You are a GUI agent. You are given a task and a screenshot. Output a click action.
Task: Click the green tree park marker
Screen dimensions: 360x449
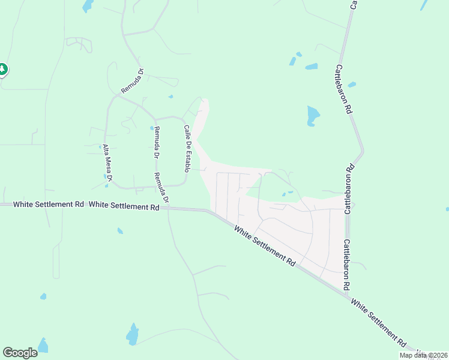coord(3,70)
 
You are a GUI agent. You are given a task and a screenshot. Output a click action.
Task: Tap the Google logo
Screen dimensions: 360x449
coord(20,353)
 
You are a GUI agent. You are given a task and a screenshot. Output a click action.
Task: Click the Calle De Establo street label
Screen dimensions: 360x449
coord(187,148)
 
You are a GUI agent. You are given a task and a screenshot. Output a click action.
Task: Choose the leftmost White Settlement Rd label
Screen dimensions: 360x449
coord(48,204)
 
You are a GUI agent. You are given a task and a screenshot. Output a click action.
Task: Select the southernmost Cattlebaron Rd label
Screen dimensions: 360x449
coord(346,265)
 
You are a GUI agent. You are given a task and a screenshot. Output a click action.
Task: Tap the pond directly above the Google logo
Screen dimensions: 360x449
coord(43,346)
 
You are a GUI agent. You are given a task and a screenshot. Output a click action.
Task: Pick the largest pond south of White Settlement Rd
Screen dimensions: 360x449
coord(133,334)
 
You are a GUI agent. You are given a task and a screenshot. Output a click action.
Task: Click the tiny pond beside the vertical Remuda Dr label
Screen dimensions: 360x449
coord(151,127)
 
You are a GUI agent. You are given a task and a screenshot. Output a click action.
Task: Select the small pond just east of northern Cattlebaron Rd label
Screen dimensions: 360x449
coord(352,85)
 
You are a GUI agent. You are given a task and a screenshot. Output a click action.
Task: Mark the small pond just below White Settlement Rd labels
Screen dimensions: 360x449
coord(120,230)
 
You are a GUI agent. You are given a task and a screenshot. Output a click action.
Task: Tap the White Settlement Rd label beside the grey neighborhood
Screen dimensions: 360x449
coord(265,246)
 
